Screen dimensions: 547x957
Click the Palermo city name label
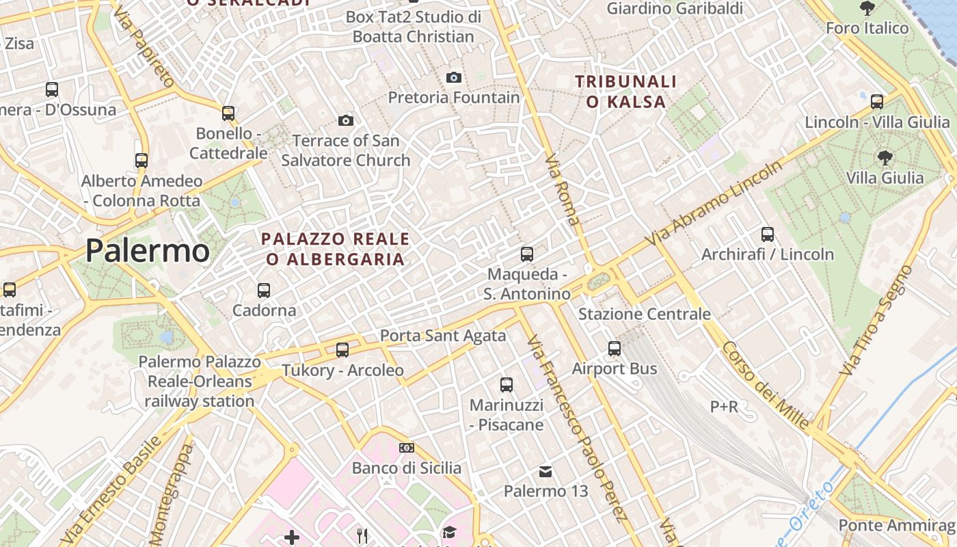(147, 251)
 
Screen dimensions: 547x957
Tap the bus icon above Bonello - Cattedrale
(228, 113)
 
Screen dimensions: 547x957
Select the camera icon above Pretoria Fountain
(454, 78)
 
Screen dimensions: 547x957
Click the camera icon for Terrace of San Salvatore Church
(346, 121)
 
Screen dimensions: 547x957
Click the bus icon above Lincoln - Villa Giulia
(877, 102)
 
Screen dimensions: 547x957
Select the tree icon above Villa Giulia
(885, 158)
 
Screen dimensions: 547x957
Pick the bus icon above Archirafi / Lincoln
(768, 235)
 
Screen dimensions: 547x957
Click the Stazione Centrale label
(644, 314)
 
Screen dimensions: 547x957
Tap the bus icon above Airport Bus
(615, 349)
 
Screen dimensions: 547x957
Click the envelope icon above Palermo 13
(545, 471)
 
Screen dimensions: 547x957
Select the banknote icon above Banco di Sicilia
(407, 448)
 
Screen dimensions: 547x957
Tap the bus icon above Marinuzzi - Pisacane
(507, 385)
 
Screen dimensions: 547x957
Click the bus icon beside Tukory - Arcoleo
(342, 350)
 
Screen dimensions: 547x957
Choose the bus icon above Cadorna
(264, 291)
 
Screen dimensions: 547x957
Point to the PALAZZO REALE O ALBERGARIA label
(336, 249)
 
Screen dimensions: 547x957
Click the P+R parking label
(724, 407)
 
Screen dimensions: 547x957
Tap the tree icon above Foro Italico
(867, 8)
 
